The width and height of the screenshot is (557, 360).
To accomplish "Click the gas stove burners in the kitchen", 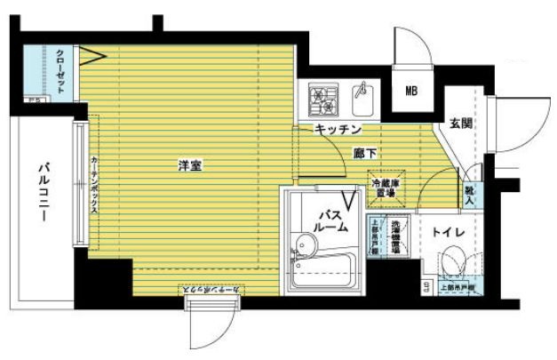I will pos(322,99).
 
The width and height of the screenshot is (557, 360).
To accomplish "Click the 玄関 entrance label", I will pos(459,125).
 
